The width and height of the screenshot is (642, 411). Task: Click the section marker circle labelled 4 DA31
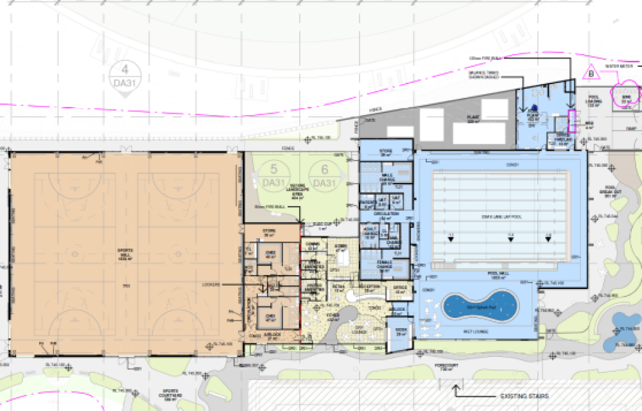tap(125, 76)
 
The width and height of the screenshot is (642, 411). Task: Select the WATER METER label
tap(620, 66)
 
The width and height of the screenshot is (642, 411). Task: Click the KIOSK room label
tap(401, 331)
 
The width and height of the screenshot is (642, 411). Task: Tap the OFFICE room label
tap(400, 288)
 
